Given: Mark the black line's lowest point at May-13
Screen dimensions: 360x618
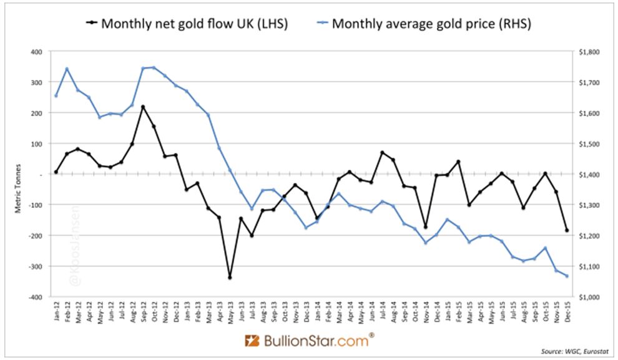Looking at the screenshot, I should click(x=229, y=277).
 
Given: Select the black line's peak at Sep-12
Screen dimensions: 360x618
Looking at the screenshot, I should click(x=143, y=107).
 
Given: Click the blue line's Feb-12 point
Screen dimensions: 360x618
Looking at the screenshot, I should click(x=67, y=69).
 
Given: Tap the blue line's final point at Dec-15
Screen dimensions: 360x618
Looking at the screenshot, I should click(x=567, y=276).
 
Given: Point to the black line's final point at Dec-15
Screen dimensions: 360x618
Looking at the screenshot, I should click(x=567, y=230).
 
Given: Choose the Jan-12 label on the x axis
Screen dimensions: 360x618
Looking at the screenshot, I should click(x=56, y=314).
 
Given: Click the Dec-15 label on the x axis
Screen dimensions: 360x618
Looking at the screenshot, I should click(x=567, y=314).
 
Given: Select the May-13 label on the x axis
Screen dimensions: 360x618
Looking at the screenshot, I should click(x=229, y=314).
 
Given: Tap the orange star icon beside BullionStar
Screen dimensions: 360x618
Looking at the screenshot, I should click(x=252, y=341).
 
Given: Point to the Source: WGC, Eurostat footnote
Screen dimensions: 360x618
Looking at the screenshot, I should click(x=575, y=351).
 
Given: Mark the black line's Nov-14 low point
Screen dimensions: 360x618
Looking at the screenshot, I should click(x=424, y=227).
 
